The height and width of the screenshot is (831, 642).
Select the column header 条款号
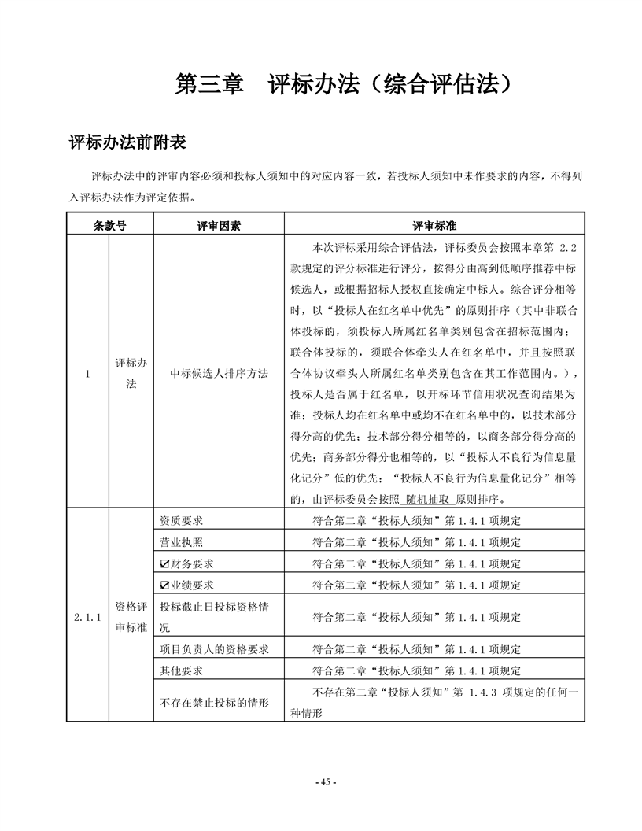coord(109,225)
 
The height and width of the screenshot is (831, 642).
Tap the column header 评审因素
coord(219,225)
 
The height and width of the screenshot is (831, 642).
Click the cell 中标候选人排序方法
coord(219,373)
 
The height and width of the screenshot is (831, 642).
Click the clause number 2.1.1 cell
coord(87,617)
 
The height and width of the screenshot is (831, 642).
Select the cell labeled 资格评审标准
coord(131,617)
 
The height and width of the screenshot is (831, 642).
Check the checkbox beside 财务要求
coord(164,563)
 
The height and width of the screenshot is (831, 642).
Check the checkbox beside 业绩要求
coord(164,585)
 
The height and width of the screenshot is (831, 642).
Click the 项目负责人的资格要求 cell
coord(214,649)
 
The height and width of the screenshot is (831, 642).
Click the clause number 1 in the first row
coord(87,373)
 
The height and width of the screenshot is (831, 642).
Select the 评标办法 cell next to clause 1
coord(131,373)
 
